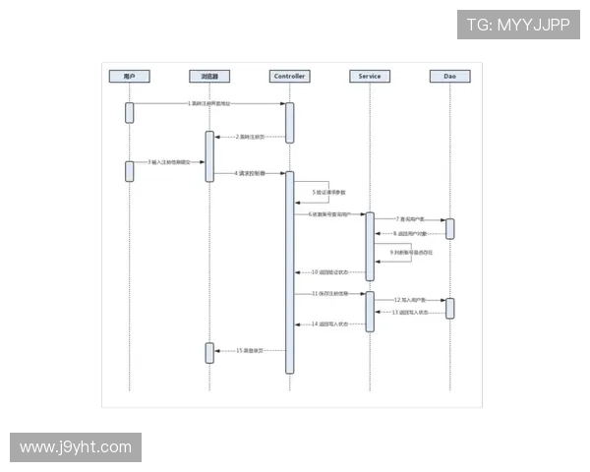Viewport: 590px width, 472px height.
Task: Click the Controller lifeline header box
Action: pos(289,76)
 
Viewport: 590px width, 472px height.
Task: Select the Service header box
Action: pos(370,76)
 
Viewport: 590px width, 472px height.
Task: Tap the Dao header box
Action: pos(449,76)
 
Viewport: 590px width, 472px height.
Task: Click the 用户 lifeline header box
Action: pos(129,76)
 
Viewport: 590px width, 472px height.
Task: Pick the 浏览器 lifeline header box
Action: pos(209,76)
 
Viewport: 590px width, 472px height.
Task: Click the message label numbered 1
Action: pos(209,102)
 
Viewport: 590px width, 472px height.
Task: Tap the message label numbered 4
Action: pos(250,173)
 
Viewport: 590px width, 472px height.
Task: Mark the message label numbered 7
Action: pos(411,219)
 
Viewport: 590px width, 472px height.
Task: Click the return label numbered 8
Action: pos(411,234)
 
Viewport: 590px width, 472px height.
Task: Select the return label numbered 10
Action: pos(329,271)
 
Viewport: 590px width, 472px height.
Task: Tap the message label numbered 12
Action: pos(411,299)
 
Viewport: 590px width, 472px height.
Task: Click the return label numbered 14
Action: pos(329,324)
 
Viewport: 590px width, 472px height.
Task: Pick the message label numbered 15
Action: pos(251,350)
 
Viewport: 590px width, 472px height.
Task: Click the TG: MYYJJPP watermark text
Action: pos(518,25)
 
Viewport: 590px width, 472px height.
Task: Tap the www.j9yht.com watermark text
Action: pos(75,447)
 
